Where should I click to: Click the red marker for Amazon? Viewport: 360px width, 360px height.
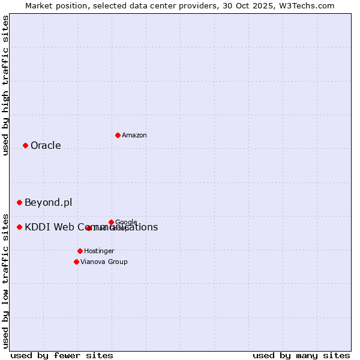tap(118, 135)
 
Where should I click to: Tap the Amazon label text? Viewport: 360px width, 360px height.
tap(134, 136)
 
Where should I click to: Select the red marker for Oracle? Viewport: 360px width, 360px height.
tap(25, 145)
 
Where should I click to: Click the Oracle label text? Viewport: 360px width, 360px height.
tap(46, 146)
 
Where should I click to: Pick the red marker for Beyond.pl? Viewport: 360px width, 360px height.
tap(19, 203)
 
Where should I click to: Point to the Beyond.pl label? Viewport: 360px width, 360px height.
tap(48, 203)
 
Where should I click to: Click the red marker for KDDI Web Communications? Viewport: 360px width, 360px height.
tap(19, 227)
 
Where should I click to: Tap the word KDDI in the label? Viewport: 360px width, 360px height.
tap(37, 227)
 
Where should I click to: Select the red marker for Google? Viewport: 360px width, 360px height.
tap(111, 222)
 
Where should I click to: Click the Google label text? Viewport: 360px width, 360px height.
tap(126, 222)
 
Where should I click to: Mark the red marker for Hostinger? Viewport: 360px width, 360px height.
tap(80, 251)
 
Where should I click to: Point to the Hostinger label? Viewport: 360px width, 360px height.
tap(99, 251)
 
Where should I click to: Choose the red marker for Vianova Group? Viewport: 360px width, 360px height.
tap(76, 262)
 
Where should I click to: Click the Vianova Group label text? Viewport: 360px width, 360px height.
tap(104, 262)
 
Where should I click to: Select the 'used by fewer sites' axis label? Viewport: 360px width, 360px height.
tap(62, 355)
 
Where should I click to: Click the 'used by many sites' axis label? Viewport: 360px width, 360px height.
tap(301, 355)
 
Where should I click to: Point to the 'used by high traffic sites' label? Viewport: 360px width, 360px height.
tap(5, 85)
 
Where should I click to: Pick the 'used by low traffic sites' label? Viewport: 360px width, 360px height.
tap(5, 280)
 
